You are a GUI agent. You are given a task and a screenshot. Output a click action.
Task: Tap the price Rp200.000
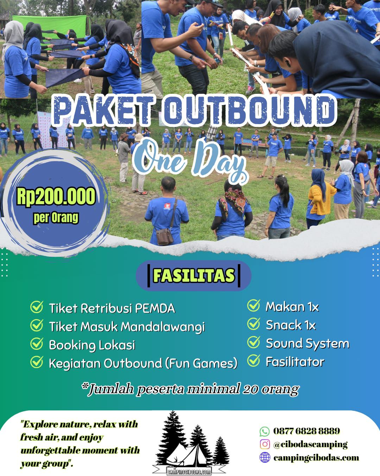56,196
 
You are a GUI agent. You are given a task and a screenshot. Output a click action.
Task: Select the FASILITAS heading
194,275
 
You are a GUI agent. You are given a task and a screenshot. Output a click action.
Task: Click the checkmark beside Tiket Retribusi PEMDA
37,307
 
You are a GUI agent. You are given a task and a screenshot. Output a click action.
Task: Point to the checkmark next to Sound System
253,342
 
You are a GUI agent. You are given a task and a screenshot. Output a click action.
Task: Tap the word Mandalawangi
163,327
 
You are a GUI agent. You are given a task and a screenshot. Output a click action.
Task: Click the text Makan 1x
292,307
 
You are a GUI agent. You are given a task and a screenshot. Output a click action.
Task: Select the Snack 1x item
291,325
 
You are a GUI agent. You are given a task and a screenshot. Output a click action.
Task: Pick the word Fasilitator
295,362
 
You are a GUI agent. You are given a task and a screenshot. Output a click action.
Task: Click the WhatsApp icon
265,431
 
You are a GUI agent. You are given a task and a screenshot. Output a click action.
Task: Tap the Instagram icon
265,444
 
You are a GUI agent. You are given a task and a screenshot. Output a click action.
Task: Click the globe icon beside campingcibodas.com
265,457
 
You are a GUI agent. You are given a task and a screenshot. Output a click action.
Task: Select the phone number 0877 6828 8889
306,431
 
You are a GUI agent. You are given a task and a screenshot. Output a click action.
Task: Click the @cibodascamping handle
310,444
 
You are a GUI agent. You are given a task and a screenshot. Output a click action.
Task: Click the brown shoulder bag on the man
165,236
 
